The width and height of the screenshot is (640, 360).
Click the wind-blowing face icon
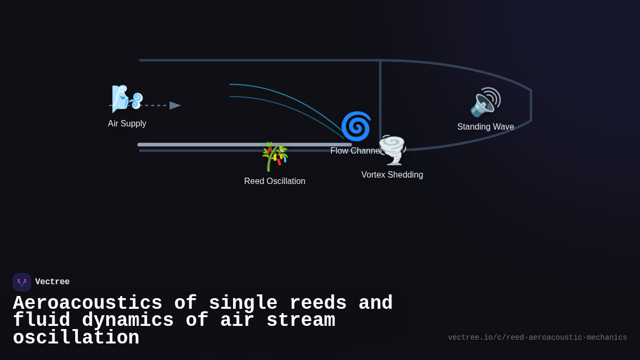126,99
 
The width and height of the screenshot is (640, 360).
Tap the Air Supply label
127,124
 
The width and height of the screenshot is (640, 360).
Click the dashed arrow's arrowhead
175,106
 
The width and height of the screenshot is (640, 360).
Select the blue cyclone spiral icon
356,126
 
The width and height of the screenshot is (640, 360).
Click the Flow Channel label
355,151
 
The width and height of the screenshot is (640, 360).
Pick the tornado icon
393,150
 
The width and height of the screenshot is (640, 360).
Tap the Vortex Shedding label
392,175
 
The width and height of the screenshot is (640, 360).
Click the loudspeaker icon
485,102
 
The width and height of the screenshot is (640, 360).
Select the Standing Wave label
485,127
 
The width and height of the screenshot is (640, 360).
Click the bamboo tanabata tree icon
275,156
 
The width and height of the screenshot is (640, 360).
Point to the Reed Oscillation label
275,181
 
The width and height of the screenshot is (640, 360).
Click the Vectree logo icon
22,282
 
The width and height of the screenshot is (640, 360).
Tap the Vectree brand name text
52,282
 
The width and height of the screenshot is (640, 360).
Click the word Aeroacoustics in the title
87,303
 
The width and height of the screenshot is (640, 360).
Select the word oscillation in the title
76,338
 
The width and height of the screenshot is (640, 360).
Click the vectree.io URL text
537,338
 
